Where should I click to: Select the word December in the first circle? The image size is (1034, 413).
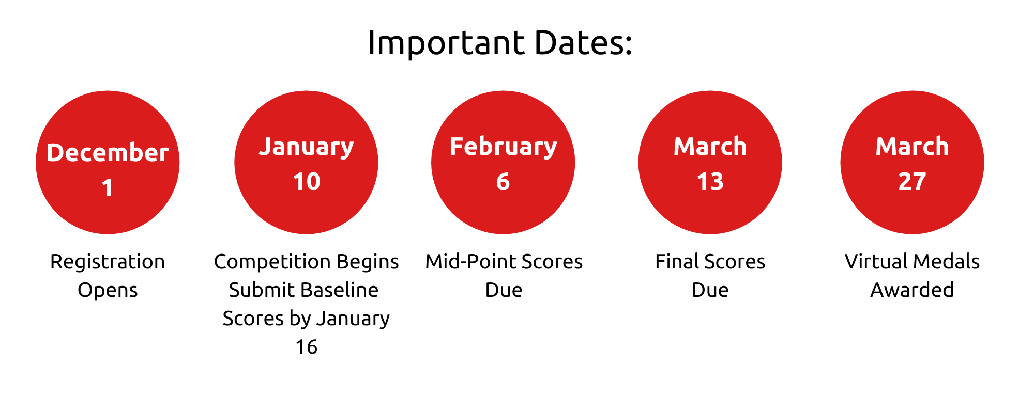point(108,153)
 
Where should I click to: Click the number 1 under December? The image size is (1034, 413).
point(107,187)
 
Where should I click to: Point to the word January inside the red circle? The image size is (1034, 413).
point(307,148)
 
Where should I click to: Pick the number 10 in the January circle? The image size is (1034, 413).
point(307,182)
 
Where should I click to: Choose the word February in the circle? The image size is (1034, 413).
point(503,148)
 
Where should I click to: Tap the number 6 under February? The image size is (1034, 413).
point(503,182)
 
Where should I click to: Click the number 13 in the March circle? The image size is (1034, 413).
point(710,182)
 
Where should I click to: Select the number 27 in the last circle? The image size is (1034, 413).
point(912,182)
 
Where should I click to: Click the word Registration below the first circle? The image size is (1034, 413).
point(108,263)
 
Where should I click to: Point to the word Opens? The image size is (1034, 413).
point(108,291)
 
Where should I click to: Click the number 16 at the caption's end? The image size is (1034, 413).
point(306,347)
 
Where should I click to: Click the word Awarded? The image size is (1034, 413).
point(912,290)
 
